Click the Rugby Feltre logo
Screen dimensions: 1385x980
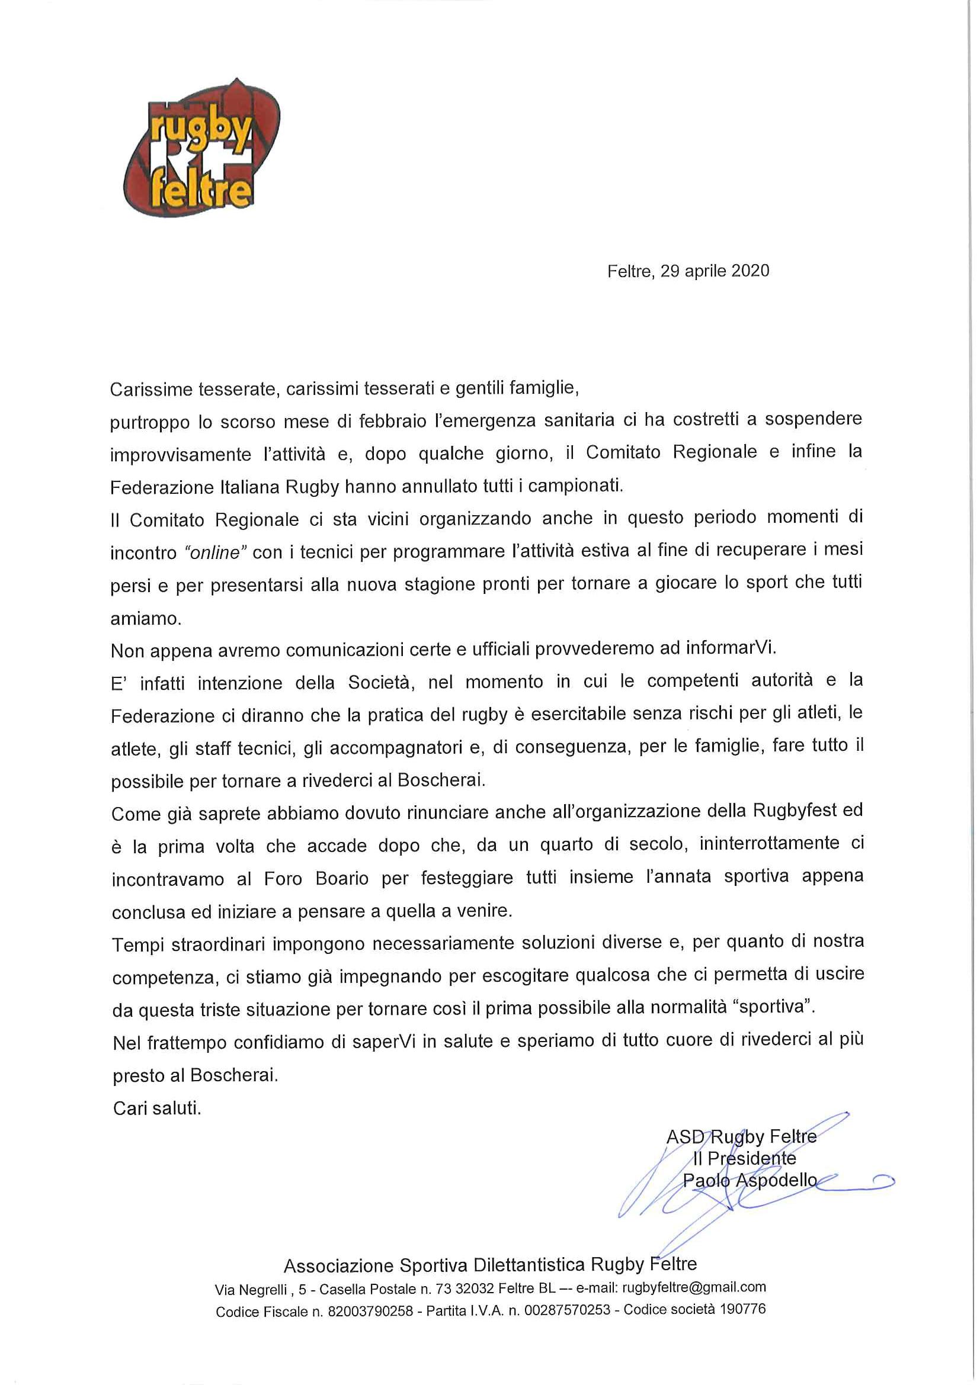pyautogui.click(x=200, y=149)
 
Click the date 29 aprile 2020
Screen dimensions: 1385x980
pyautogui.click(x=715, y=271)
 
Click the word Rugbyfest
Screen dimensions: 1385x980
pyautogui.click(x=794, y=810)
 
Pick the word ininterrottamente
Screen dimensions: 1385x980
pyautogui.click(x=769, y=843)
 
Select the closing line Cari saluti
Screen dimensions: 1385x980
pyautogui.click(x=157, y=1108)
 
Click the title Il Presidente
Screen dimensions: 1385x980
pyautogui.click(x=744, y=1158)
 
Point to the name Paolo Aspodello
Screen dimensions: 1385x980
pyautogui.click(x=750, y=1180)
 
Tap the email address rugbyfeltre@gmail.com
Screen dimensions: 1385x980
pyautogui.click(x=694, y=1287)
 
